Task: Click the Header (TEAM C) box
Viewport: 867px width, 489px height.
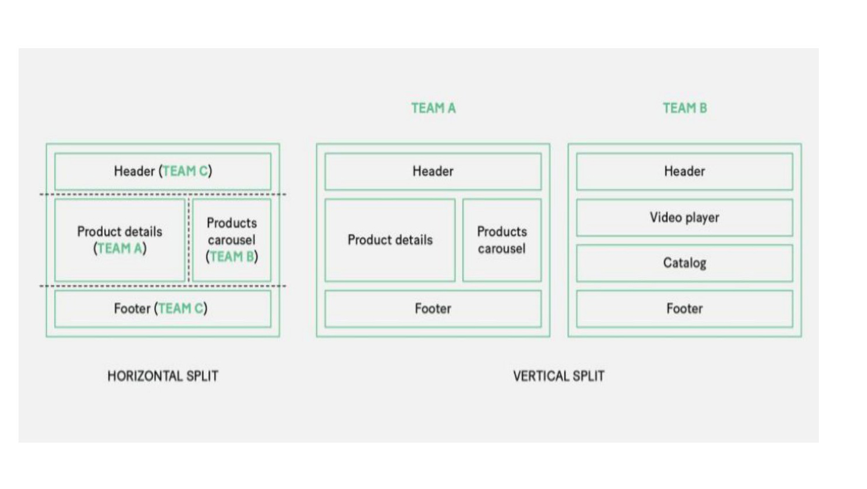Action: pyautogui.click(x=163, y=171)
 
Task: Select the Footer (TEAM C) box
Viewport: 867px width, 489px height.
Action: pyautogui.click(x=163, y=309)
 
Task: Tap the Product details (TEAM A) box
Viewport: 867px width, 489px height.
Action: pyautogui.click(x=120, y=240)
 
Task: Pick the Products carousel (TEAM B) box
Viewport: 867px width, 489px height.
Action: pyautogui.click(x=232, y=240)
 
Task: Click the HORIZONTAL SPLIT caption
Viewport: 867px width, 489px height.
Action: pyautogui.click(x=163, y=376)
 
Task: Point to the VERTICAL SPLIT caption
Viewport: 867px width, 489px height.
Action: pyautogui.click(x=559, y=376)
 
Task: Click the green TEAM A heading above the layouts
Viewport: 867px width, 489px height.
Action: pyautogui.click(x=433, y=108)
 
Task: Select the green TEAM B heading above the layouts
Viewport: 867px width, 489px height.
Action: pyautogui.click(x=685, y=108)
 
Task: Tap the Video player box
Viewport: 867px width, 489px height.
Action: pyautogui.click(x=685, y=218)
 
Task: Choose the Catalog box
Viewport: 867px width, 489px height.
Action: pyautogui.click(x=685, y=263)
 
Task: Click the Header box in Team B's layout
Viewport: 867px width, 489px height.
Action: pyautogui.click(x=685, y=171)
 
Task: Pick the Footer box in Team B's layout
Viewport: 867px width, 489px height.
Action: pyautogui.click(x=685, y=309)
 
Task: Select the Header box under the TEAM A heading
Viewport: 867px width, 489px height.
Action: pyautogui.click(x=433, y=171)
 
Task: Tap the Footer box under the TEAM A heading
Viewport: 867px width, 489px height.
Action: pyautogui.click(x=433, y=309)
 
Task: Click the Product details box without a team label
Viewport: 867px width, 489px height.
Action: pyautogui.click(x=390, y=240)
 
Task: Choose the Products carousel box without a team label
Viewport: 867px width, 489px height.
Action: pyautogui.click(x=502, y=240)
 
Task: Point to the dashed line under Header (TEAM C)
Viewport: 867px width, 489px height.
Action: pyautogui.click(x=163, y=194)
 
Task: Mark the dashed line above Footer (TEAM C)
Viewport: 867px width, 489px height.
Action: pyautogui.click(x=163, y=286)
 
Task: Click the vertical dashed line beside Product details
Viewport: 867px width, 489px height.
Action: pyautogui.click(x=189, y=240)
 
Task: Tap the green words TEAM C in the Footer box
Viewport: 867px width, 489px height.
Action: pyautogui.click(x=180, y=309)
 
